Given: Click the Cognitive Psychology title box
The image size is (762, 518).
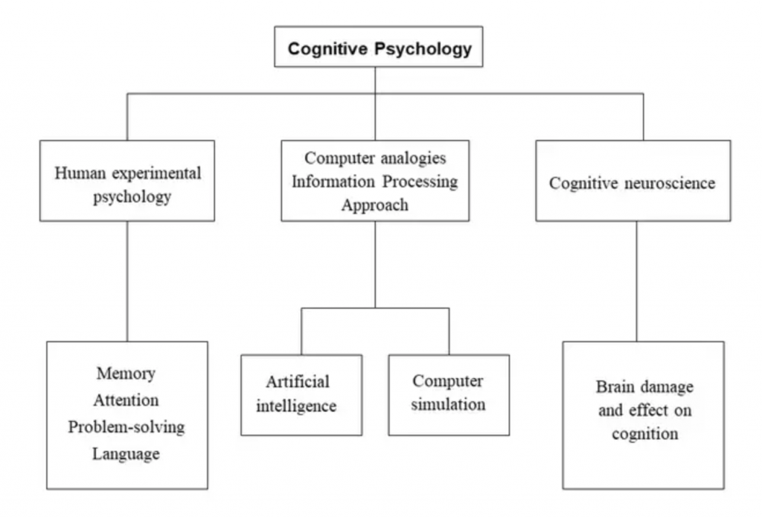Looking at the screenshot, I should pyautogui.click(x=378, y=47).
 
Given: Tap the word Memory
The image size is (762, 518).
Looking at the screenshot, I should pyautogui.click(x=126, y=373).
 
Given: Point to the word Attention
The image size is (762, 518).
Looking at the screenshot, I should pyautogui.click(x=126, y=400).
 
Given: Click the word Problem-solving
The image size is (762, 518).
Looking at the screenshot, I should pyautogui.click(x=126, y=426).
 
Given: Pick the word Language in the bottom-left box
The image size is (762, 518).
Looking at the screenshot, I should pyautogui.click(x=126, y=453).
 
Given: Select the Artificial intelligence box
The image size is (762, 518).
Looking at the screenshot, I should pyautogui.click(x=301, y=394).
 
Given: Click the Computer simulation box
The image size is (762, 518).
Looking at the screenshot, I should pyautogui.click(x=449, y=394).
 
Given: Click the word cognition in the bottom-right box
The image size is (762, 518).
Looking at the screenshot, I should pyautogui.click(x=645, y=433).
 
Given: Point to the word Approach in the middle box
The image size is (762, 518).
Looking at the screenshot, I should pyautogui.click(x=374, y=205).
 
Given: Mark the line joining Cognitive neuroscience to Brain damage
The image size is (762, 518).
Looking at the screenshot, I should pyautogui.click(x=636, y=281).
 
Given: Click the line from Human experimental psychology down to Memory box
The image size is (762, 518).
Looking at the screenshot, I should pyautogui.click(x=127, y=281).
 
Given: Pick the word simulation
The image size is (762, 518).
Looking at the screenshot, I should pyautogui.click(x=448, y=405).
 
